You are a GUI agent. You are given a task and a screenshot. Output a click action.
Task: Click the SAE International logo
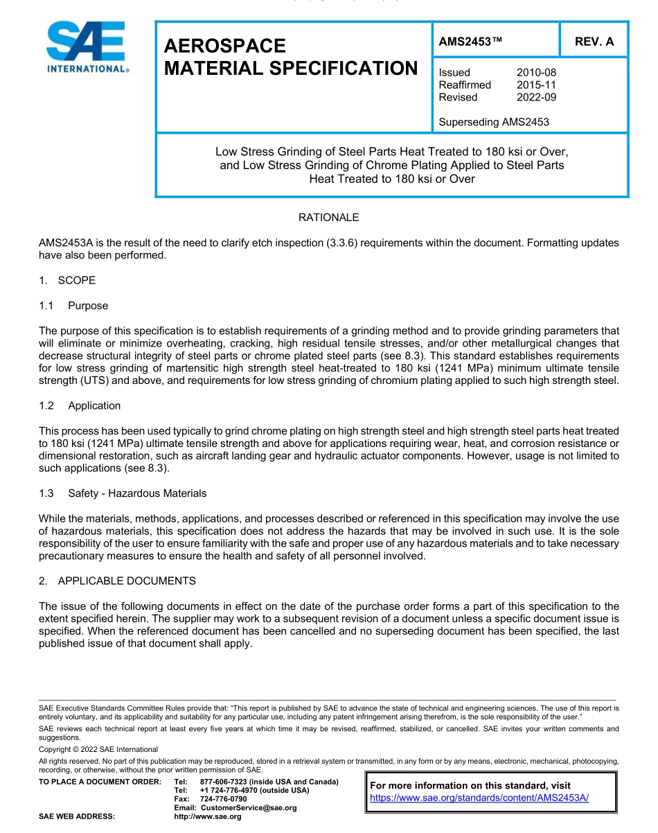coord(86,47)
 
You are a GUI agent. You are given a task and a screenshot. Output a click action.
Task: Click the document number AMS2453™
coord(470,42)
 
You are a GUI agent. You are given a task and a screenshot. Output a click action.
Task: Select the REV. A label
coord(594,42)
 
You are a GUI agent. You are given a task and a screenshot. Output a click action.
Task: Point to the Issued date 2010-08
coord(536,72)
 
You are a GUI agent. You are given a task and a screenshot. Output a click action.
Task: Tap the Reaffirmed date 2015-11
coord(536,85)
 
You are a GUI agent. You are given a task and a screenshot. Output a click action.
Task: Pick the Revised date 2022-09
coord(536,97)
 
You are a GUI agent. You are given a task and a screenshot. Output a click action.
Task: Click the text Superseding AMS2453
coord(494,122)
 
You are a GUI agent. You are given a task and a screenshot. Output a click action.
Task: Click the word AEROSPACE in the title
coord(225,46)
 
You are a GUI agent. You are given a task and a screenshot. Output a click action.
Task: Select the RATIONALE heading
coord(328,218)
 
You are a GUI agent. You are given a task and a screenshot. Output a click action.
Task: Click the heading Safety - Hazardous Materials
coord(137,493)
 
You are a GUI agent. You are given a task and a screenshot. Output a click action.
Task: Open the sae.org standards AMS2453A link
coord(479,798)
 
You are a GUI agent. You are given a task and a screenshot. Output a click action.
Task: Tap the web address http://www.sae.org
coord(208,817)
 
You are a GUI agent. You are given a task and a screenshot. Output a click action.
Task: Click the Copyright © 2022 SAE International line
coord(98,749)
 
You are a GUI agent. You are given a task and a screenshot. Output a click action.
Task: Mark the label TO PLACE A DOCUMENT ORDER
coord(100,782)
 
